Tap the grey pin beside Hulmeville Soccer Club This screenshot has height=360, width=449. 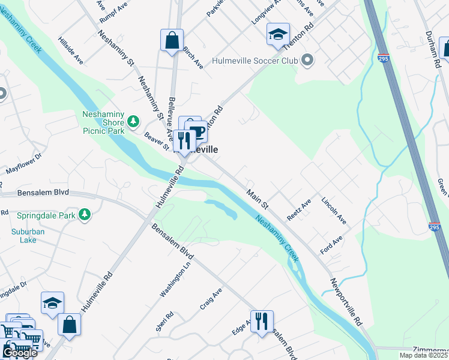tap(307, 60)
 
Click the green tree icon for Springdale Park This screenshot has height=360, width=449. tap(85, 214)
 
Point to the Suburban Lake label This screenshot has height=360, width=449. tap(23, 236)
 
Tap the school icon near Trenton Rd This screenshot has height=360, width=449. tap(279, 34)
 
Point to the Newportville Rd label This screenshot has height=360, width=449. tap(346, 302)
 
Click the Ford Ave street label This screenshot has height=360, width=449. tap(331, 245)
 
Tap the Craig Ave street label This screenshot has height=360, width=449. tap(211, 298)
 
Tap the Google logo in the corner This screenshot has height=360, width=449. tap(20, 353)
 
